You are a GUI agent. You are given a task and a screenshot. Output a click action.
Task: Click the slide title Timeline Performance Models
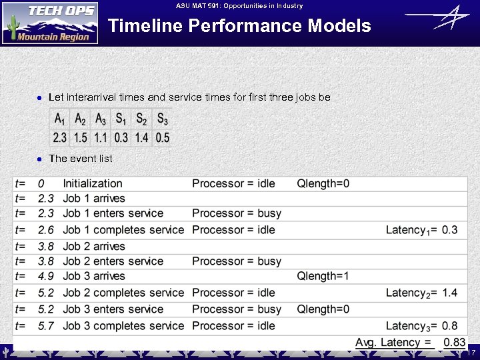[x=239, y=26]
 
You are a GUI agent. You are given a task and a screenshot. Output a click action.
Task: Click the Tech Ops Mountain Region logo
[x=50, y=23]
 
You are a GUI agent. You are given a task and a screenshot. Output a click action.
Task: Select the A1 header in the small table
[x=60, y=119]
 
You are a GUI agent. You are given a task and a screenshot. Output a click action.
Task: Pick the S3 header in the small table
[x=163, y=119]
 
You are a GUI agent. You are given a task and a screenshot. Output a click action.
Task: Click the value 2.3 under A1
[x=60, y=138]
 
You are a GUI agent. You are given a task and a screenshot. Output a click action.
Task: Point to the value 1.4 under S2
[x=142, y=138]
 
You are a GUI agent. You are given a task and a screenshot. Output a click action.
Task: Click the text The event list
[x=81, y=159]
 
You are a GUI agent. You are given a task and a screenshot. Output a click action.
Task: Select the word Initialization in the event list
[x=93, y=183]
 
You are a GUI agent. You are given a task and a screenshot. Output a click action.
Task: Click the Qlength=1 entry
[x=323, y=276]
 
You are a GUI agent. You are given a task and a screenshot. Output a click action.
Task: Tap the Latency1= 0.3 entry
[x=421, y=230]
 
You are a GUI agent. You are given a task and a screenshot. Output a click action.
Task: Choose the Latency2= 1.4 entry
[x=421, y=293]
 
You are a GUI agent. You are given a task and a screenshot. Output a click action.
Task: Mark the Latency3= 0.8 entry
[x=421, y=326]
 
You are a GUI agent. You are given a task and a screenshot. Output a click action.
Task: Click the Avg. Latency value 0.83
[x=455, y=343]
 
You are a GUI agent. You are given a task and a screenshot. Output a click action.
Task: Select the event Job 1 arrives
[x=94, y=198]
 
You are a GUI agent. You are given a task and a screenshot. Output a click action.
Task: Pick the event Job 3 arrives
[x=94, y=276]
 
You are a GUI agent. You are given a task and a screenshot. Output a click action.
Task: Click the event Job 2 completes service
[x=123, y=293]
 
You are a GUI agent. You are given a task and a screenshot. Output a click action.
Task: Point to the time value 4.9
[x=46, y=276]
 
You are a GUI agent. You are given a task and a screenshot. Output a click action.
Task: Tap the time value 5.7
[x=46, y=326]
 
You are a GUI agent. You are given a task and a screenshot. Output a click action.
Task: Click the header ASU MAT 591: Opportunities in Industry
[x=239, y=6]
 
